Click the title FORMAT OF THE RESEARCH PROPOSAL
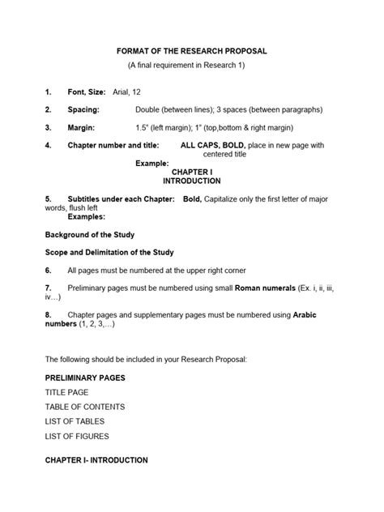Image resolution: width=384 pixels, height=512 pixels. click(191, 51)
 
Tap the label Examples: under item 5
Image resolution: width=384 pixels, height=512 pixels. click(86, 217)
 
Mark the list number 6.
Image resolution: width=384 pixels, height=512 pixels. click(49, 271)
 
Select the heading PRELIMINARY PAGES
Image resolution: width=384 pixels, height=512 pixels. click(85, 378)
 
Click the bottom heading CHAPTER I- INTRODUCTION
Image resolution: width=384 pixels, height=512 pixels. click(96, 460)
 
